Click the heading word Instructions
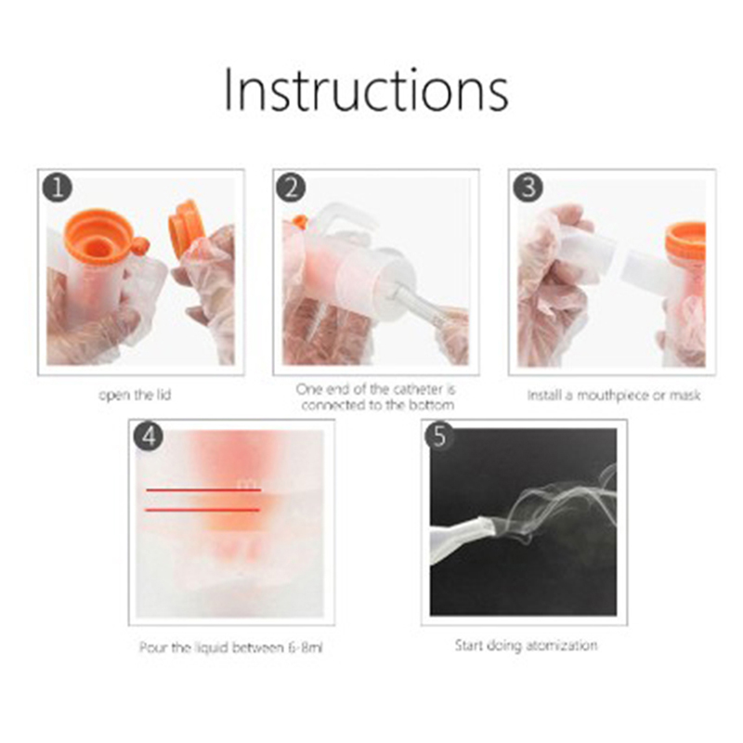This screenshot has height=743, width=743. pyautogui.click(x=366, y=90)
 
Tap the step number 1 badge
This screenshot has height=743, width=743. pyautogui.click(x=58, y=188)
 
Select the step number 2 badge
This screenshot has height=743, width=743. pyautogui.click(x=291, y=188)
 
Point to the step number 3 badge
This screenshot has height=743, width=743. pyautogui.click(x=528, y=188)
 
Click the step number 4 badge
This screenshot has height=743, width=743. pyautogui.click(x=149, y=437)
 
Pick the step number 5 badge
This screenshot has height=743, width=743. pyautogui.click(x=439, y=436)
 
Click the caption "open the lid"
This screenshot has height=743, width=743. pyautogui.click(x=135, y=395)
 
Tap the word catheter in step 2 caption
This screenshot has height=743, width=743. pyautogui.click(x=417, y=389)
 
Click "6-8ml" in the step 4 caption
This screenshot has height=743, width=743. pyautogui.click(x=306, y=647)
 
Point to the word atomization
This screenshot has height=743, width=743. pyautogui.click(x=562, y=645)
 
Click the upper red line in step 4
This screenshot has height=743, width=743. pyautogui.click(x=203, y=490)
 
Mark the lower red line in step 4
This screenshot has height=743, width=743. pyautogui.click(x=202, y=510)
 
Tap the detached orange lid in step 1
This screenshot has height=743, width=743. pyautogui.click(x=185, y=228)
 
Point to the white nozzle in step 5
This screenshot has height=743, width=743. pyautogui.click(x=461, y=538)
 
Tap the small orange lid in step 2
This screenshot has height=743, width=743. pyautogui.click(x=299, y=221)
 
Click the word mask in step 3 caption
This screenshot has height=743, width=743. pyautogui.click(x=684, y=395)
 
